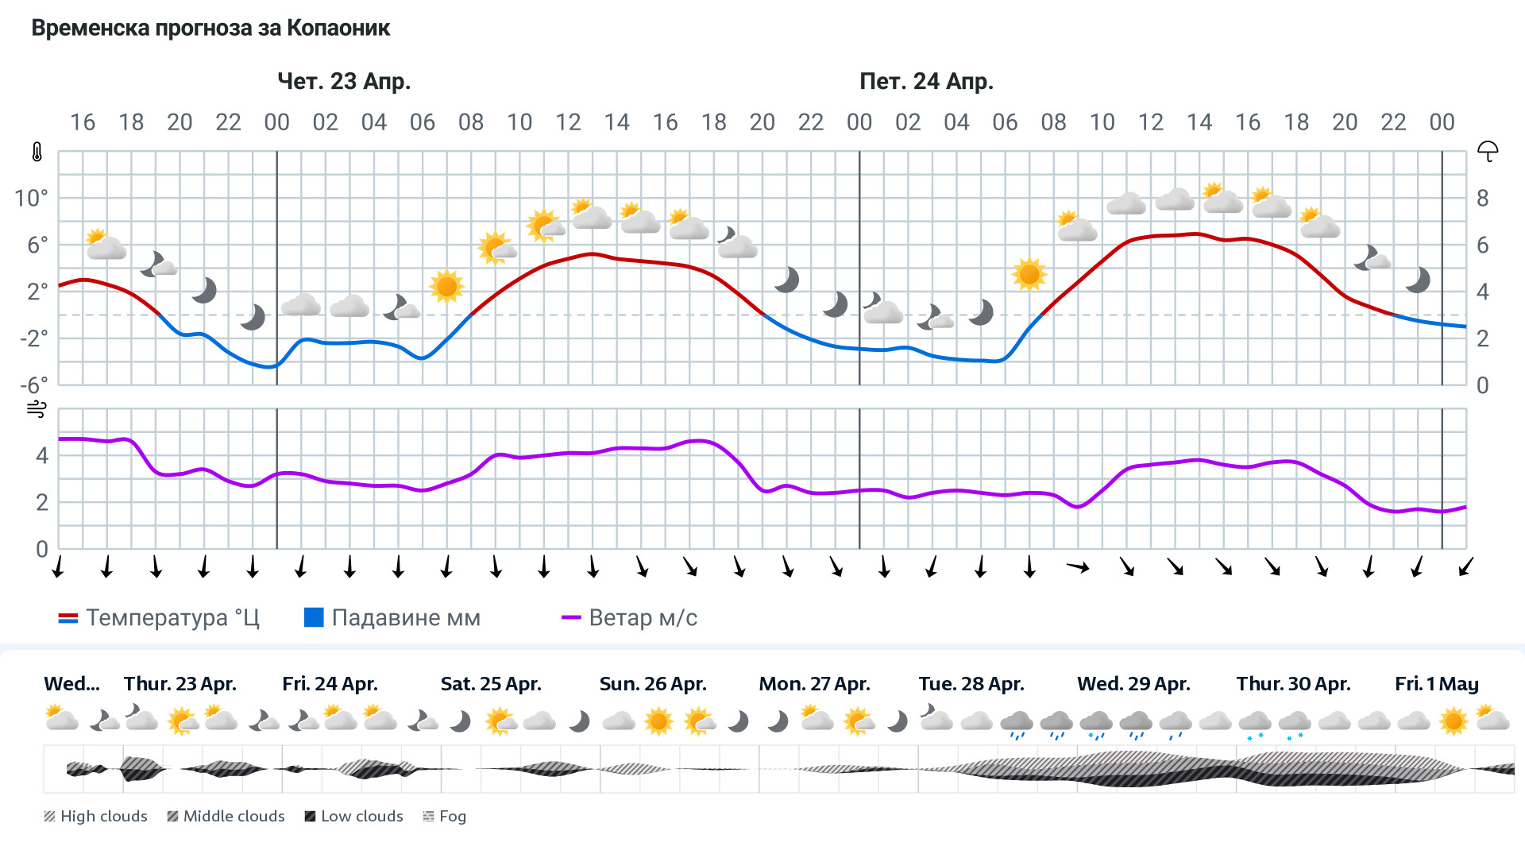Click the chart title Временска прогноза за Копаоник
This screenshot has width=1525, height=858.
[x=210, y=29]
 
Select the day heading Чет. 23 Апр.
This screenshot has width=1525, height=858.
[x=344, y=81]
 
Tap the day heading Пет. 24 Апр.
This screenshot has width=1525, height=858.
[x=926, y=81]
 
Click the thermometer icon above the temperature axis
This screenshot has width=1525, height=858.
[x=37, y=152]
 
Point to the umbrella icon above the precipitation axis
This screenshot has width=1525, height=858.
[x=1487, y=151]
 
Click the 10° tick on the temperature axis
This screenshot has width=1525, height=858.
[x=32, y=198]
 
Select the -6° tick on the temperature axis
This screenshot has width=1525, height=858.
[x=34, y=385]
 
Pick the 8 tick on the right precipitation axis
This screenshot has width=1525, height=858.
[x=1482, y=198]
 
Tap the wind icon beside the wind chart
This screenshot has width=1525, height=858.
[x=37, y=409]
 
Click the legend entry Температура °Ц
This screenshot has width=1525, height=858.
[x=159, y=618]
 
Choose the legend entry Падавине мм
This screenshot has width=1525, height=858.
[x=392, y=618]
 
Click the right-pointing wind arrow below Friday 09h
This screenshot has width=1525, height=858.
[x=1078, y=566]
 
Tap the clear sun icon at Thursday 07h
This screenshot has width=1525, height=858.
[x=446, y=286]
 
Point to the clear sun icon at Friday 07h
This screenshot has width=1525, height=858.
[x=1029, y=274]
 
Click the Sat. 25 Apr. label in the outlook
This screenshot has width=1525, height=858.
[x=491, y=684]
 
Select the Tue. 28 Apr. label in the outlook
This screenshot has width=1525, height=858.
[x=971, y=684]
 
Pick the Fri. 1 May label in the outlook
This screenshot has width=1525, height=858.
[x=1436, y=684]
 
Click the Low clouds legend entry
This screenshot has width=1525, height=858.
[x=354, y=816]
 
